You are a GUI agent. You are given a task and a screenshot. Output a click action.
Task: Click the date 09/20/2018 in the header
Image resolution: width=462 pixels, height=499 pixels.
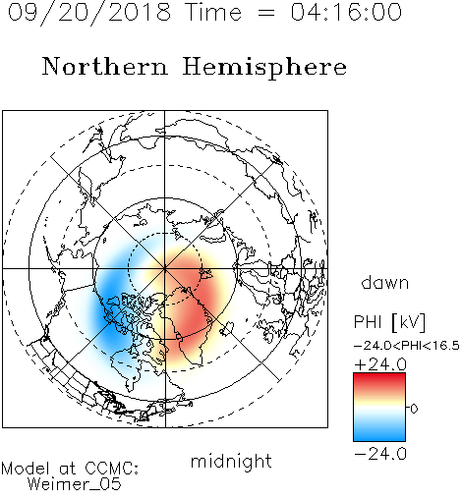click(89, 13)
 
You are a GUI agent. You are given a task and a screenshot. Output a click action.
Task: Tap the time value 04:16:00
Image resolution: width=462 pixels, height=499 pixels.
click(346, 12)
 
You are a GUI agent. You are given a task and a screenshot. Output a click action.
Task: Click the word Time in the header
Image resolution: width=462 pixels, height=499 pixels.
click(213, 12)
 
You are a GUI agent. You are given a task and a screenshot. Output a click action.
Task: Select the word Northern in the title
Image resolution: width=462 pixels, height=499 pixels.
click(105, 66)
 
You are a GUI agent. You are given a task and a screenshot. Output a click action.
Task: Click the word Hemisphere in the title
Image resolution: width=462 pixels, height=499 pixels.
click(264, 68)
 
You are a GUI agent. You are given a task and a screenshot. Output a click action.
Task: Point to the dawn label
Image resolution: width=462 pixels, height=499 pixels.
click(385, 282)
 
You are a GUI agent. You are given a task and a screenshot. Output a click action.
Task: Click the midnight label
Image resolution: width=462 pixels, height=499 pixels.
click(231, 461)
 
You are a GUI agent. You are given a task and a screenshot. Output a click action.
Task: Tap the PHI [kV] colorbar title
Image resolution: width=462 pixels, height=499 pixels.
click(389, 322)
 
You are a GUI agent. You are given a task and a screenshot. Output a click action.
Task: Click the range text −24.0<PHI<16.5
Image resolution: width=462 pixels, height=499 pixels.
click(407, 346)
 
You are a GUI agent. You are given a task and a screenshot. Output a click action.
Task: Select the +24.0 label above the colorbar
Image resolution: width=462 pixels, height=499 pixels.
click(380, 364)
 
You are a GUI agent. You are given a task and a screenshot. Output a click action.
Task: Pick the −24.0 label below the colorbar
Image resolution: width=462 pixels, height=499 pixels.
click(380, 454)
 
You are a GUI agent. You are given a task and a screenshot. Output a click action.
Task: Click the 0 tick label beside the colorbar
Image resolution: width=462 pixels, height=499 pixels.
click(414, 409)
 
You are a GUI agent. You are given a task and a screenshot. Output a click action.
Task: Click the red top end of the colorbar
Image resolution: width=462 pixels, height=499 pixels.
click(379, 375)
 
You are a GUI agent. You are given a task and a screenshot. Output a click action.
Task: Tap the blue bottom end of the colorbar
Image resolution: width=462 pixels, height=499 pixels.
click(379, 438)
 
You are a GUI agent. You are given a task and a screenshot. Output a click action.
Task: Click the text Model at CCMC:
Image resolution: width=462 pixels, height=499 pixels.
click(70, 469)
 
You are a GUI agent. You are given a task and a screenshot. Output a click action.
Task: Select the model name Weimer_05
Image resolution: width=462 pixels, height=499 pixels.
click(75, 484)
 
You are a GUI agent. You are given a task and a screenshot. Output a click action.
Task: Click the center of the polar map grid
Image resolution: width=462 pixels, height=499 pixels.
click(165, 268)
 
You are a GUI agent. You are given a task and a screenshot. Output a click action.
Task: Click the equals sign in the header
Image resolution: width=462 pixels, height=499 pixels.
click(266, 13)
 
